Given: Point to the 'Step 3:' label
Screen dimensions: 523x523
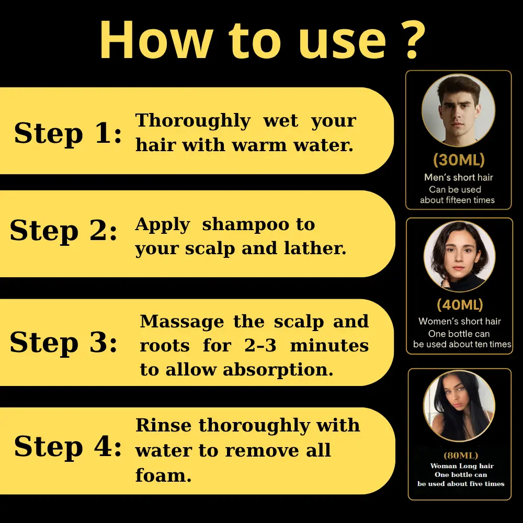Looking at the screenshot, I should point(64,343).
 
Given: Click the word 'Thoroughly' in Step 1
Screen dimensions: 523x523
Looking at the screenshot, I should point(193,121).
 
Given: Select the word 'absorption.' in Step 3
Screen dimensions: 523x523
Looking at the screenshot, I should point(278,370).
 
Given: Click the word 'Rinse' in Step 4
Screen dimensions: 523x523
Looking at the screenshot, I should point(164,425).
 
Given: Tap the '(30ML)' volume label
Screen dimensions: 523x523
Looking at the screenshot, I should point(459,160).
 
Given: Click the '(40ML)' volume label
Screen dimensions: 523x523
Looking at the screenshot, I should point(460,305).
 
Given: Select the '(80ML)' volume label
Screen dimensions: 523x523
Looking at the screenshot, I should point(461,456).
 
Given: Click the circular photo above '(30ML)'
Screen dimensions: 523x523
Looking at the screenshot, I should point(458,110).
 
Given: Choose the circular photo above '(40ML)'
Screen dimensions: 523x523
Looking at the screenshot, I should point(459,257).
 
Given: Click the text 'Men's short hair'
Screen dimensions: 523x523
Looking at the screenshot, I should point(459,177).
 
